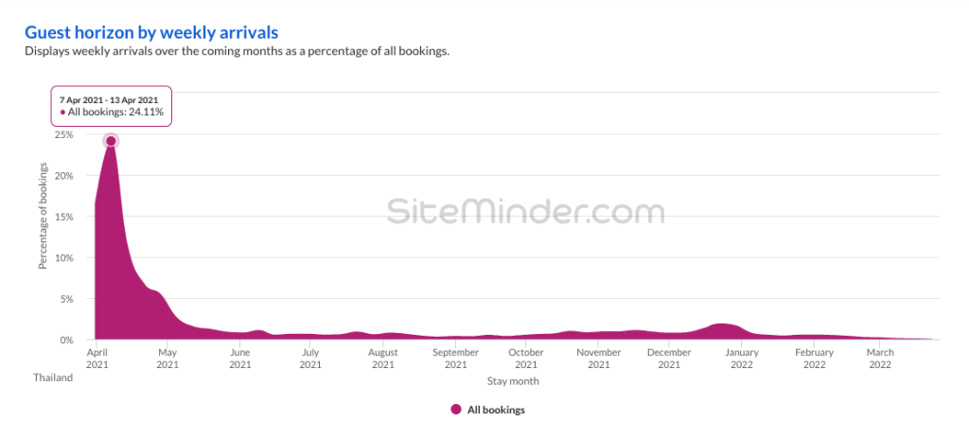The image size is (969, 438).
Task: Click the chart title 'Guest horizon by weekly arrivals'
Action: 151,32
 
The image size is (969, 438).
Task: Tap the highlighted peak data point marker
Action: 111,141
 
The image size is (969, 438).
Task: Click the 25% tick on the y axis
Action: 64,134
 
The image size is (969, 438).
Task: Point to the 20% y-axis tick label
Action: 64,176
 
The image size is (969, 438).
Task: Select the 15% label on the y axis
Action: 64,217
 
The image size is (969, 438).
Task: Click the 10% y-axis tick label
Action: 64,258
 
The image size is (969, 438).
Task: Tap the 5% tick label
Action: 67,299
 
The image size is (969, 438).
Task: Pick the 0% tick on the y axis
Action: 67,340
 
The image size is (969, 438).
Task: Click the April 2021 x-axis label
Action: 96,358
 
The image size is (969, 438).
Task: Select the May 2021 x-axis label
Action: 167,358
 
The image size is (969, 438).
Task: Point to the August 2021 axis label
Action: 382,358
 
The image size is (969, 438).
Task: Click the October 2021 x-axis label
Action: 525,358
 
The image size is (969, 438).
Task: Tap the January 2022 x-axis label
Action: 740,358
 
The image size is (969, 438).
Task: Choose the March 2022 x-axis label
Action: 880,358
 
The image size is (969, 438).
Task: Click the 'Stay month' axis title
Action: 513,381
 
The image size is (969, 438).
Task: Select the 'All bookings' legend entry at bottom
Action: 487,410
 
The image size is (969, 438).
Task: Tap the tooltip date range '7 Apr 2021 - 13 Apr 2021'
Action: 109,98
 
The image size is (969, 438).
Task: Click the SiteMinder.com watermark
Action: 525,211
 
